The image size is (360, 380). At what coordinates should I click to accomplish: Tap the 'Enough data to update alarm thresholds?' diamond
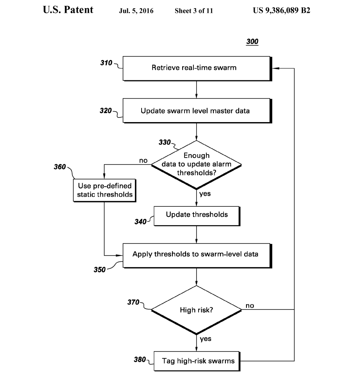pos(196,164)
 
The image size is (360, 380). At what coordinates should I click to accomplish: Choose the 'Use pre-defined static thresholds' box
pos(104,190)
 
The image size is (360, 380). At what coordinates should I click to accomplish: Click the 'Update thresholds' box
pos(197,215)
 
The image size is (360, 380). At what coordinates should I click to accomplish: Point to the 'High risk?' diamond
pos(196,310)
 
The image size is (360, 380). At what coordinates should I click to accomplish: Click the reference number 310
pos(106,62)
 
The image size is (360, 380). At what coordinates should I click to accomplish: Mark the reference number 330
pos(164,142)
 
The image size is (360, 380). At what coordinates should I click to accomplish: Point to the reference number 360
pos(60,167)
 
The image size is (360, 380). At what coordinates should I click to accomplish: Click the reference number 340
pos(140,222)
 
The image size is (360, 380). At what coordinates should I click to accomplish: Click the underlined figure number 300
pos(252,42)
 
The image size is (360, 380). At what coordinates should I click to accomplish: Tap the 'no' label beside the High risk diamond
pos(250,305)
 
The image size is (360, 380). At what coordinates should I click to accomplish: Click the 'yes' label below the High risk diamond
pos(206,339)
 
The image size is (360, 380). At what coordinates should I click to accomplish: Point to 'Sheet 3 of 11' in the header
pos(194,11)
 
